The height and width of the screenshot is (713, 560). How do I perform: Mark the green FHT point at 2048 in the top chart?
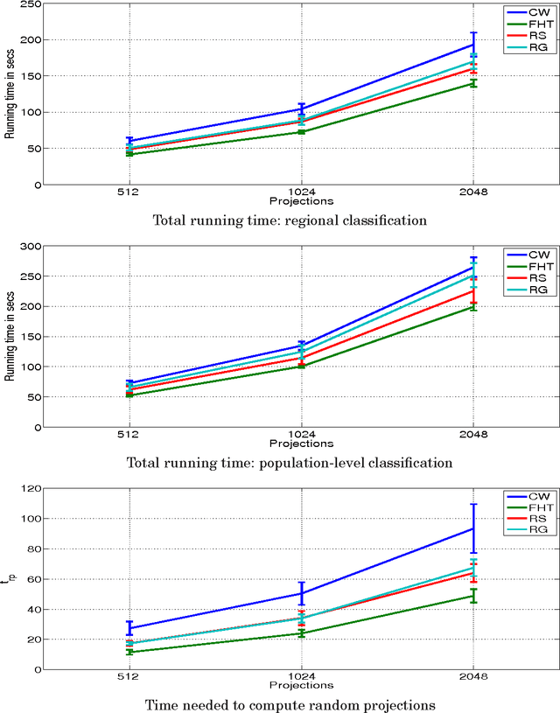(x=473, y=83)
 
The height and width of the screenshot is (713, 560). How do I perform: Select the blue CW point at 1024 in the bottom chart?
(x=301, y=593)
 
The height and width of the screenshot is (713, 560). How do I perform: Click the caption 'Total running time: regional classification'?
(x=290, y=220)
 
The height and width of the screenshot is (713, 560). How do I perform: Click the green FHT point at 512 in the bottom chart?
(x=129, y=652)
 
